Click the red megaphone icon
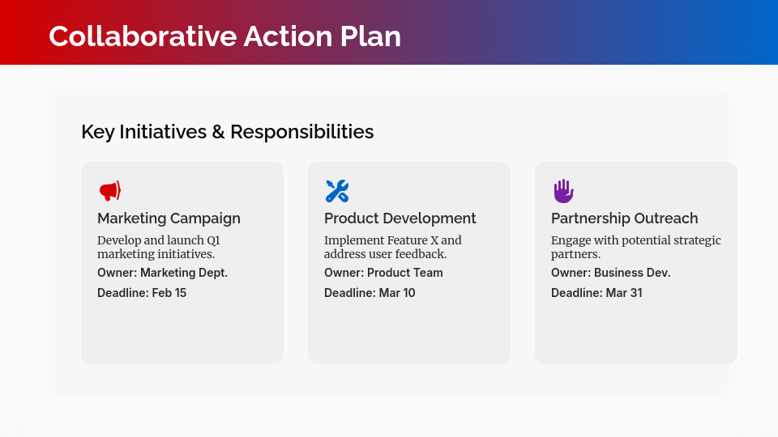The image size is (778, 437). click(109, 191)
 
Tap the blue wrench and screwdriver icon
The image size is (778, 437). click(336, 191)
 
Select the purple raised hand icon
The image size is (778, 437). click(563, 191)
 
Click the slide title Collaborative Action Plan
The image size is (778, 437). click(224, 36)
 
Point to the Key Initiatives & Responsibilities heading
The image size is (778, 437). click(227, 131)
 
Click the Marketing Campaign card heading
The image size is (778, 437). click(169, 218)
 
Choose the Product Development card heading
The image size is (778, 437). click(400, 218)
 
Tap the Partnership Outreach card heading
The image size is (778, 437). click(624, 218)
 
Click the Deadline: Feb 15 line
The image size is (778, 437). click(142, 293)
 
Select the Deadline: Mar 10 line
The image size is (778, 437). click(370, 293)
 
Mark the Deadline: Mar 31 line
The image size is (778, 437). click(596, 293)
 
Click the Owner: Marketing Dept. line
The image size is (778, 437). click(162, 273)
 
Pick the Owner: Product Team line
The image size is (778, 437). click(383, 273)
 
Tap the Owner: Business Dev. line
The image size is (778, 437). click(610, 273)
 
